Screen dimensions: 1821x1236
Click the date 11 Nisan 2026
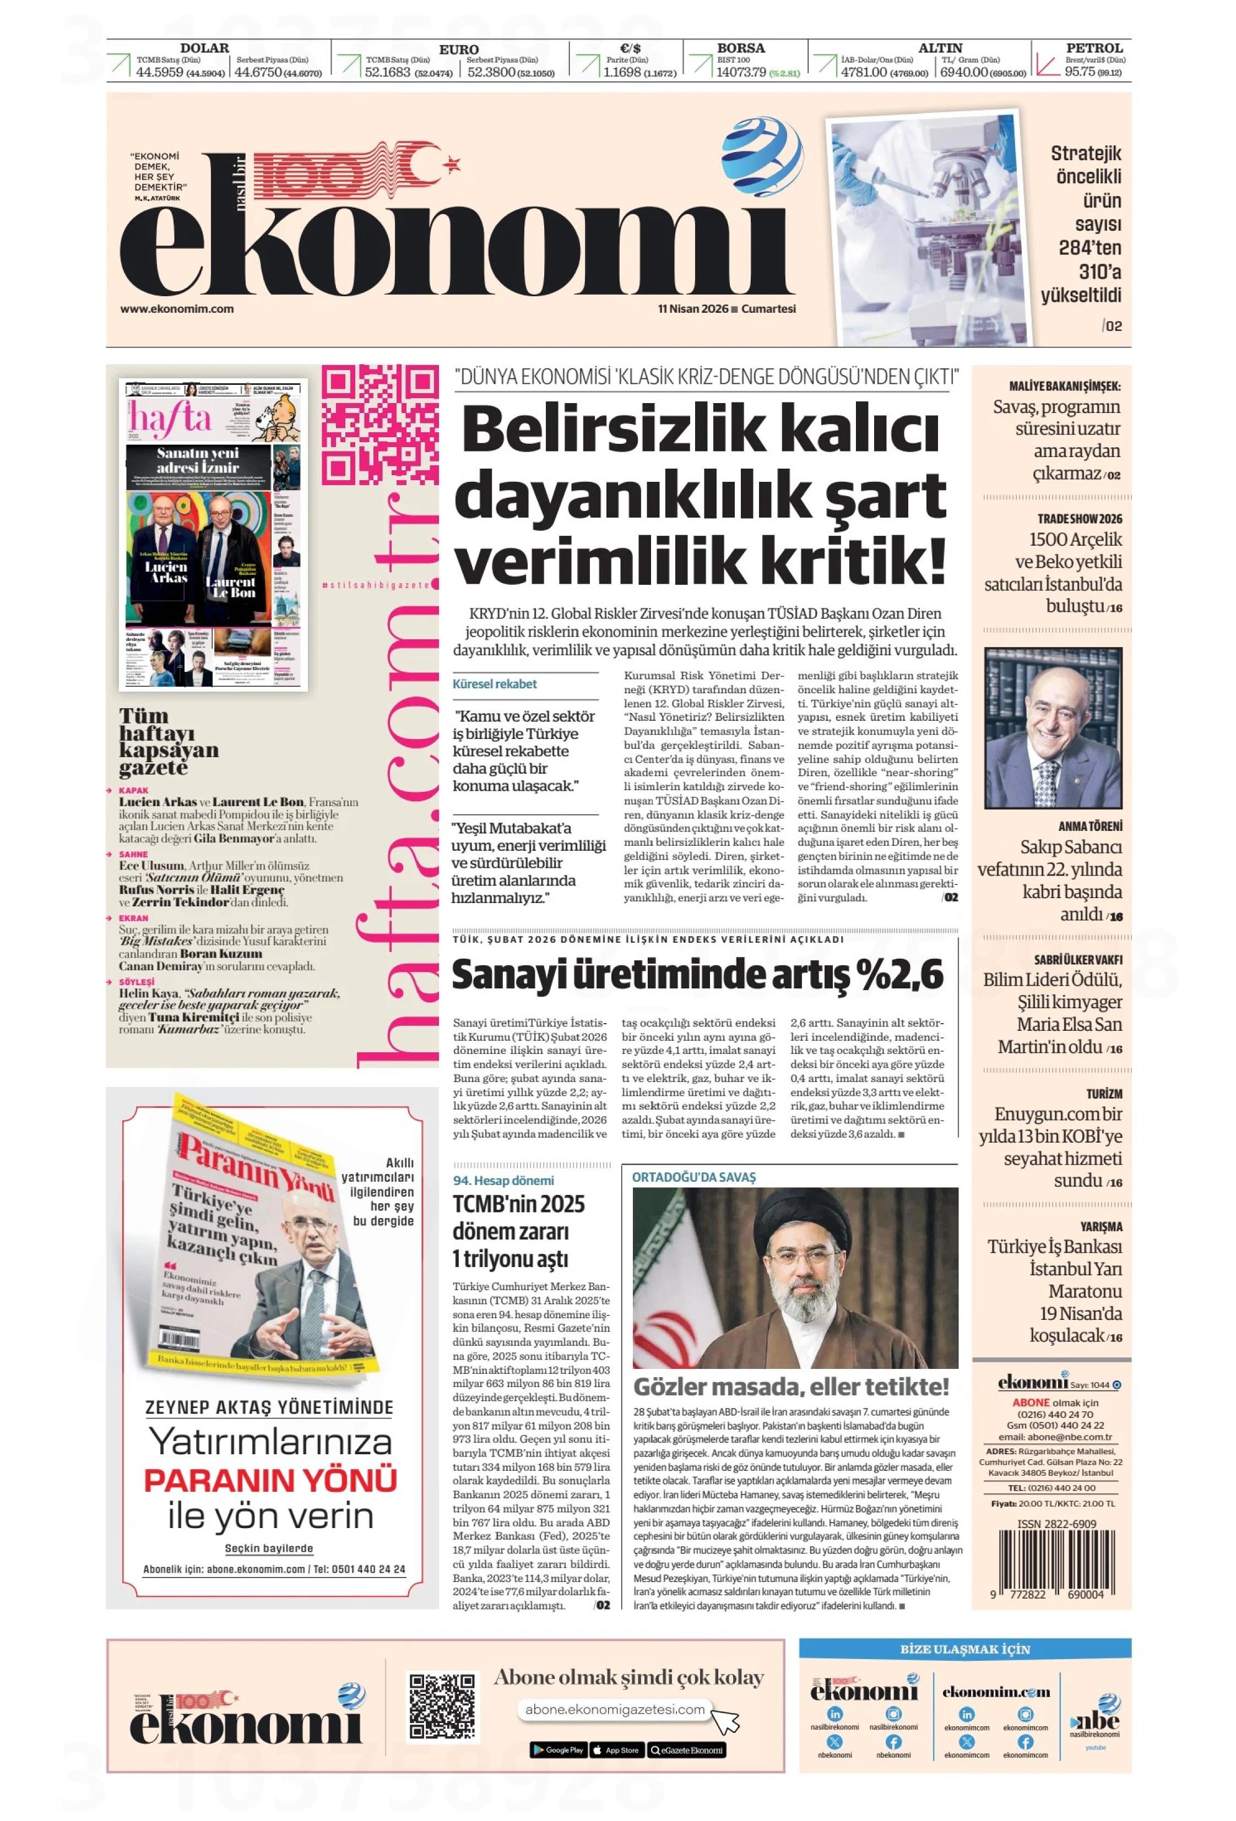click(x=692, y=309)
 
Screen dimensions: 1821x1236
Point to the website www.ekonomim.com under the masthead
click(x=176, y=309)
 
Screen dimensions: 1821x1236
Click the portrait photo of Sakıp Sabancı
click(x=1052, y=728)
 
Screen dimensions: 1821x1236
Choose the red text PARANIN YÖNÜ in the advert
click(x=270, y=1480)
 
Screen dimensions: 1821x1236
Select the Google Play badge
click(x=557, y=1750)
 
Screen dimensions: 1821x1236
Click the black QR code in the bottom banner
click(x=441, y=1706)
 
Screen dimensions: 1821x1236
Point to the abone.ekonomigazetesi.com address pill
click(x=615, y=1710)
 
